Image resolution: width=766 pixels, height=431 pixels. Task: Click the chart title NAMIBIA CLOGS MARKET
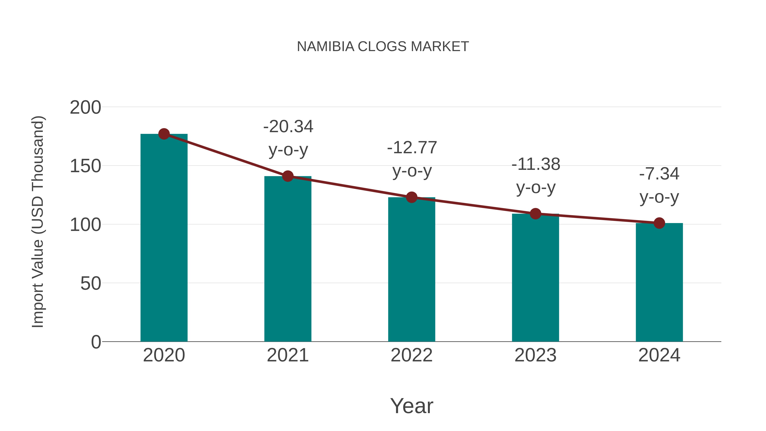[383, 47]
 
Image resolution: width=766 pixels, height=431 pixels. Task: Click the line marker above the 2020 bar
[164, 134]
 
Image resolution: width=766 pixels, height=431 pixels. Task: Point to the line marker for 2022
[412, 197]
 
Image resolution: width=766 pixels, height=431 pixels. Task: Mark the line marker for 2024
[659, 223]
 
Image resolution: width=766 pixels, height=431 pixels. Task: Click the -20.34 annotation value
[288, 127]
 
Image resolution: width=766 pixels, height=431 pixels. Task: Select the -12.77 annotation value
[412, 148]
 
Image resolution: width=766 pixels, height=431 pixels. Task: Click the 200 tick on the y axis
[85, 107]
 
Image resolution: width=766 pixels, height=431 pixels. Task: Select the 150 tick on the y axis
[85, 166]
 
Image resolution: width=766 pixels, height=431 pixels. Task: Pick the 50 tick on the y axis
[90, 284]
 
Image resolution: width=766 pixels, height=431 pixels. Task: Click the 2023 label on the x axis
[535, 355]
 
